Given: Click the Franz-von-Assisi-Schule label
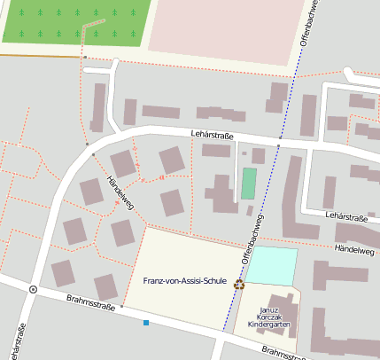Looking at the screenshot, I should (x=184, y=281).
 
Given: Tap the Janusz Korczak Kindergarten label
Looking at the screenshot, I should (x=268, y=317).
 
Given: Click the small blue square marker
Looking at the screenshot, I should (x=146, y=323).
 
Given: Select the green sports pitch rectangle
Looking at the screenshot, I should (x=249, y=184).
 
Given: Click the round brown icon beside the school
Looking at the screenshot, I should (x=239, y=285).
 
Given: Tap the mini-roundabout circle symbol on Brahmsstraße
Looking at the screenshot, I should (x=34, y=289).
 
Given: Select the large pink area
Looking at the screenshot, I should (x=221, y=27).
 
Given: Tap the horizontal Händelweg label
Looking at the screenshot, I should (x=354, y=250).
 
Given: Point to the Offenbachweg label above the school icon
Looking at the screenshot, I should (x=252, y=240).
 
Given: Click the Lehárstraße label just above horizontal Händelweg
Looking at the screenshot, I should (x=345, y=216).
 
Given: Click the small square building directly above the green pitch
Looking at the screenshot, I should (x=258, y=156).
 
